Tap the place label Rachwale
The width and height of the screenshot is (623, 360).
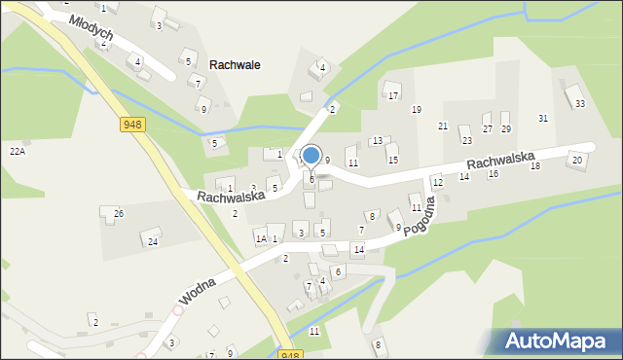point(235,64)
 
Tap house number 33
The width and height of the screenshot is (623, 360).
point(580,103)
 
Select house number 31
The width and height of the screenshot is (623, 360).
point(543,118)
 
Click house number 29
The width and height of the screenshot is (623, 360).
point(505,128)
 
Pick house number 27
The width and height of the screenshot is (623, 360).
point(488,128)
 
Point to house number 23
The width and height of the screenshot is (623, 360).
point(466,140)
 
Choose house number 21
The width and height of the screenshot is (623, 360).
point(443,126)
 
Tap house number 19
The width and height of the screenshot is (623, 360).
point(416,109)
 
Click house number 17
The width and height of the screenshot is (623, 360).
point(393,95)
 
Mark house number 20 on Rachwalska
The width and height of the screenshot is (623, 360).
point(577,160)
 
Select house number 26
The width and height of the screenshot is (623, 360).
point(118,213)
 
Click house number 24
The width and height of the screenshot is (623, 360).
point(152,240)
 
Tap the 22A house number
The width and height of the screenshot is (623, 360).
point(17,151)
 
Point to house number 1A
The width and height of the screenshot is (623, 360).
point(260,238)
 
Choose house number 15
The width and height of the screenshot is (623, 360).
point(392,160)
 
